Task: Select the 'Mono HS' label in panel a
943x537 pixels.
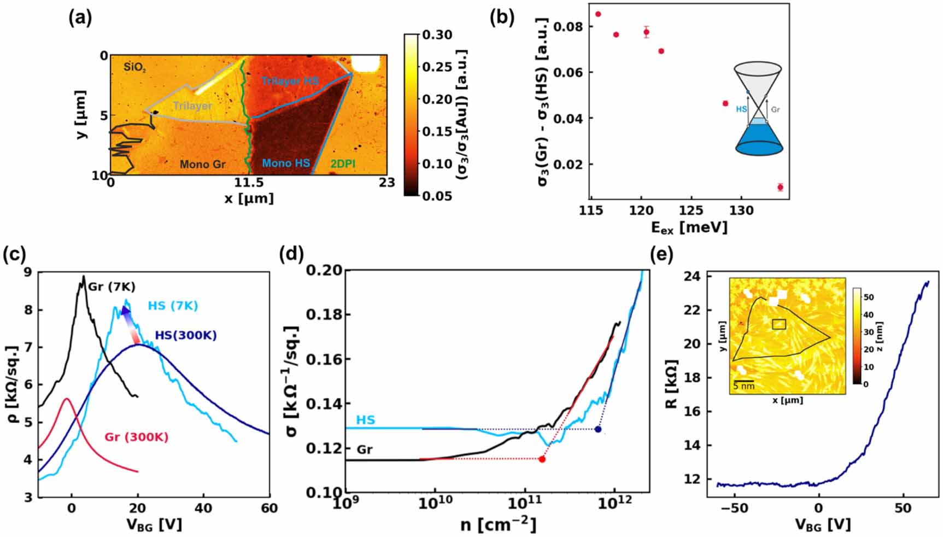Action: [285, 163]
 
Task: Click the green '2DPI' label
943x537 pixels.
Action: [343, 164]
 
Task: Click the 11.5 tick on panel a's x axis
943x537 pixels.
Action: [249, 183]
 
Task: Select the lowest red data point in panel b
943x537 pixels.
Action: [780, 187]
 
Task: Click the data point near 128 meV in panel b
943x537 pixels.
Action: [725, 103]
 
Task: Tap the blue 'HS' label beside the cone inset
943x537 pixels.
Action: [741, 109]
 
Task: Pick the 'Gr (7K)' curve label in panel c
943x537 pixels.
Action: [112, 287]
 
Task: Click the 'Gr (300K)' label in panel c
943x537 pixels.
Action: [136, 437]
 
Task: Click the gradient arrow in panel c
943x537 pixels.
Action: [130, 326]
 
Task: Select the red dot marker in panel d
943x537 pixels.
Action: [542, 459]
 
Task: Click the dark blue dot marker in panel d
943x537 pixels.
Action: [598, 429]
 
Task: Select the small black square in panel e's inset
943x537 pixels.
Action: [779, 324]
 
